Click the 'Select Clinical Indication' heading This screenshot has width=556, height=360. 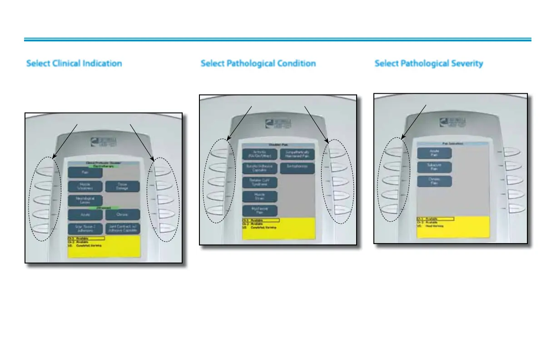(74, 63)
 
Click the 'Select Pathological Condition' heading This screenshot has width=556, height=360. (258, 63)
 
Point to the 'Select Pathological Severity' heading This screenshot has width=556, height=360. (429, 63)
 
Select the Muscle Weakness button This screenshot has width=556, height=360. (85, 186)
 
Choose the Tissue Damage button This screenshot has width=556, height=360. (122, 186)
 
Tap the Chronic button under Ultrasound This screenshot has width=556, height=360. (122, 214)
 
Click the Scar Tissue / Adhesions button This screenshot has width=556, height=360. (85, 228)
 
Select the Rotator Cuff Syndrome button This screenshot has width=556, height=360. (260, 182)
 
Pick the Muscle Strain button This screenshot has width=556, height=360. (260, 196)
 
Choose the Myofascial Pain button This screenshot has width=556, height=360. (260, 210)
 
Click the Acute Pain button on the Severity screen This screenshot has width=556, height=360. (435, 153)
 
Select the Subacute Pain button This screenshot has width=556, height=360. (435, 167)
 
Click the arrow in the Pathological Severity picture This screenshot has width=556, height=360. (414, 120)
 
